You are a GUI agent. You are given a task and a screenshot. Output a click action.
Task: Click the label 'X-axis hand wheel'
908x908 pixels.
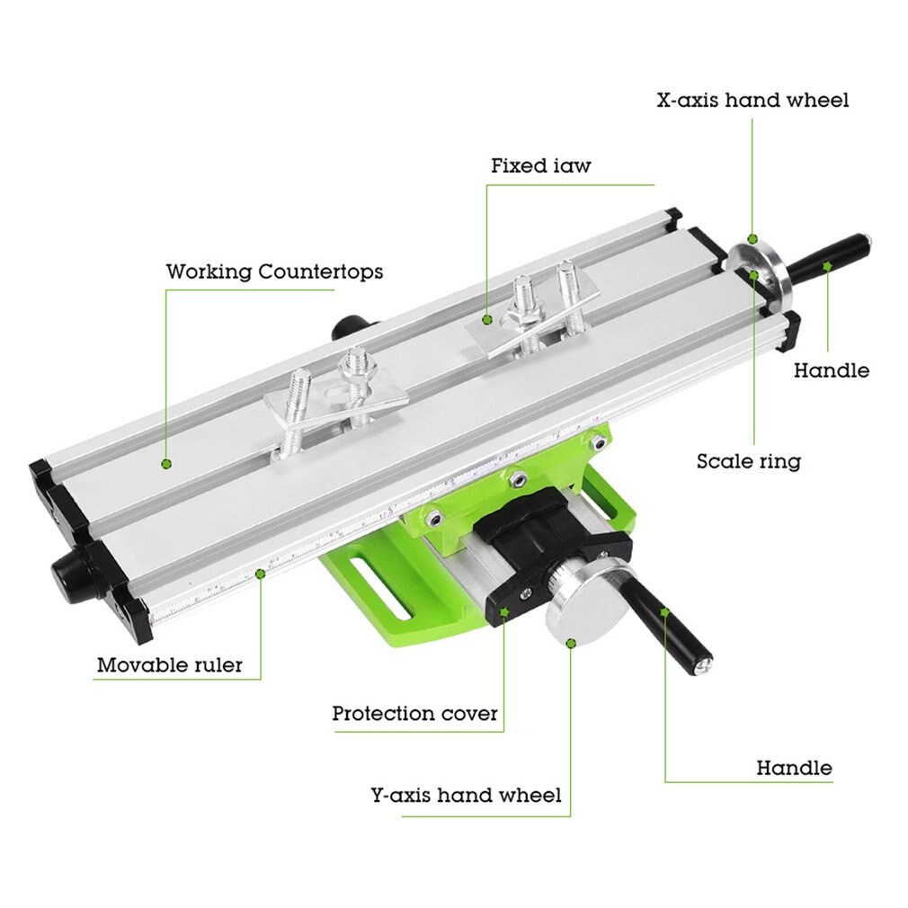[752, 100]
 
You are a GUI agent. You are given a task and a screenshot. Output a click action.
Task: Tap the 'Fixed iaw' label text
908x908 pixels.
[541, 166]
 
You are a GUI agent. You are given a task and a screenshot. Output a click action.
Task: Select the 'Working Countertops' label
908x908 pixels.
[274, 272]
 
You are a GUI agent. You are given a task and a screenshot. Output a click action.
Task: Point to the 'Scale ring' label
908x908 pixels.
[748, 462]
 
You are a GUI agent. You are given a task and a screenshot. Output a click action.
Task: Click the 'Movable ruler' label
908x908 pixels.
[170, 666]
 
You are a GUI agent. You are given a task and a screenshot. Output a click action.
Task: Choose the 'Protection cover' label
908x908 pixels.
[414, 714]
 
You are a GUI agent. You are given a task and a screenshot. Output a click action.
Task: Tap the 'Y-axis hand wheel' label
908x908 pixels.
[466, 796]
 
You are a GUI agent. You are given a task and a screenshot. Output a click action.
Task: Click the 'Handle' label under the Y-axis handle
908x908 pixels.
[794, 769]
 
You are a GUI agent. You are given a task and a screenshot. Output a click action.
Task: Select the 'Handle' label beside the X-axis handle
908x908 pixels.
[832, 370]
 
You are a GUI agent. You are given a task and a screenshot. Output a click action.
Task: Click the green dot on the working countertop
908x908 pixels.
[166, 464]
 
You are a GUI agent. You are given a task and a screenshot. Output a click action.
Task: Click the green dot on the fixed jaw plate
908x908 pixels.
[486, 318]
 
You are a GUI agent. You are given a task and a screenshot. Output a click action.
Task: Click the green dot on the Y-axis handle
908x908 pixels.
[664, 611]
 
